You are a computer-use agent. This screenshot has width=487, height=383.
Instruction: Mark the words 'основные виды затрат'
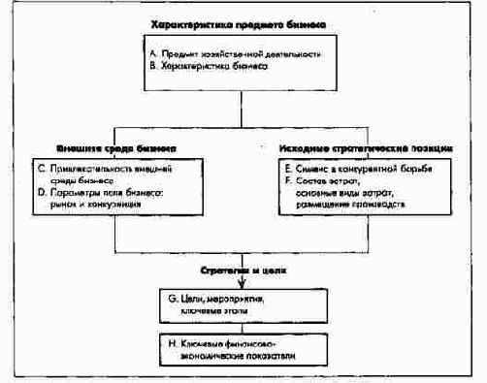(x=344, y=195)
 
